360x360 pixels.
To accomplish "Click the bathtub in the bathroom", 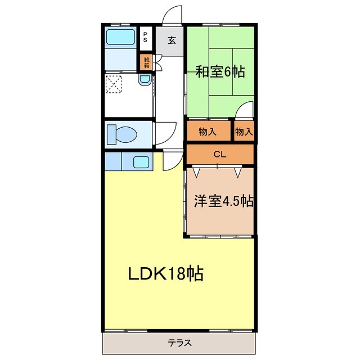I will (x=120, y=39).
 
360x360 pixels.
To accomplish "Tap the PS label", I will (x=146, y=38).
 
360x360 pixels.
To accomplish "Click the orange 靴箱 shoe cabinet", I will (x=146, y=62).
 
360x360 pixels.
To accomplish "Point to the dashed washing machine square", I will (x=115, y=85).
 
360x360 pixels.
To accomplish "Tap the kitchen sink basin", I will (x=141, y=163).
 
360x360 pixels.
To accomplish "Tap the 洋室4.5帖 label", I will (x=223, y=202).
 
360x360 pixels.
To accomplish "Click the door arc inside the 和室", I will (x=244, y=111).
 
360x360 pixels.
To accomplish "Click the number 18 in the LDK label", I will (x=177, y=274).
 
